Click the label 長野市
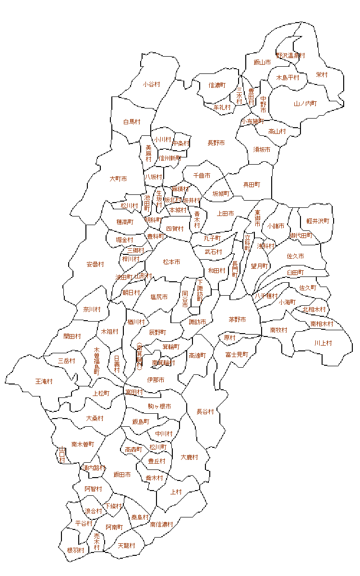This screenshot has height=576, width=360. (216, 143)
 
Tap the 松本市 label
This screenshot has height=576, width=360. (171, 262)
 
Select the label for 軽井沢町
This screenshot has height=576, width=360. (318, 221)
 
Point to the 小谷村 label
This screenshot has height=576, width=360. (151, 84)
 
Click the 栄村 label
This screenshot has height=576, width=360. (322, 75)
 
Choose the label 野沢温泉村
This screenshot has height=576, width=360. (290, 56)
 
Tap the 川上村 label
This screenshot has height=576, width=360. (323, 343)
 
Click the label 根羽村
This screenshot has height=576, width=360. (75, 550)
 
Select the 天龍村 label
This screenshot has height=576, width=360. (126, 546)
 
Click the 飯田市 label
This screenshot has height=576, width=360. (122, 475)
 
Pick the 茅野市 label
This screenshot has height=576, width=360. (237, 320)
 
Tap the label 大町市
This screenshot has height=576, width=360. (118, 179)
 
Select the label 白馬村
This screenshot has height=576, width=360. (132, 122)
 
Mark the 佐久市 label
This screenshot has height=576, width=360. (295, 256)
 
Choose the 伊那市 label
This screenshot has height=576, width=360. (156, 380)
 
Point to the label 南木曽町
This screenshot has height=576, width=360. (83, 444)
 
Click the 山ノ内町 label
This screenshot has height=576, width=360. (305, 104)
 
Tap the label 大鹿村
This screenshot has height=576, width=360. (190, 457)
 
